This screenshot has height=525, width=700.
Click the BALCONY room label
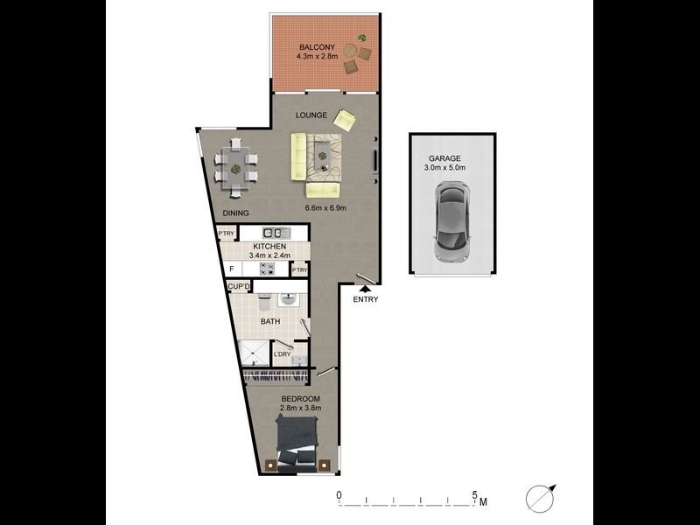(x=314, y=47)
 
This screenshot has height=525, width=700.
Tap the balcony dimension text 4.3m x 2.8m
(x=314, y=57)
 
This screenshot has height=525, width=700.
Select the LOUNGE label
(x=311, y=115)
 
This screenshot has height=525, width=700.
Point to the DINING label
(x=235, y=213)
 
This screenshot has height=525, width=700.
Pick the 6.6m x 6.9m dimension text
(x=325, y=208)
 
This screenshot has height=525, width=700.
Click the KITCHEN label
(x=269, y=248)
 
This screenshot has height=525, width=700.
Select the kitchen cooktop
(x=268, y=268)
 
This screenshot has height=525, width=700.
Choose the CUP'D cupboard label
(x=239, y=286)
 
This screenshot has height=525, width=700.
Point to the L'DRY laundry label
(x=282, y=354)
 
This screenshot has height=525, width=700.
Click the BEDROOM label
(x=300, y=398)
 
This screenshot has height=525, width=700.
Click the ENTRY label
(x=365, y=300)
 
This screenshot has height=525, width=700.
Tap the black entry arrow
(x=364, y=288)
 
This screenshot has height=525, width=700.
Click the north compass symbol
(x=542, y=498)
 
